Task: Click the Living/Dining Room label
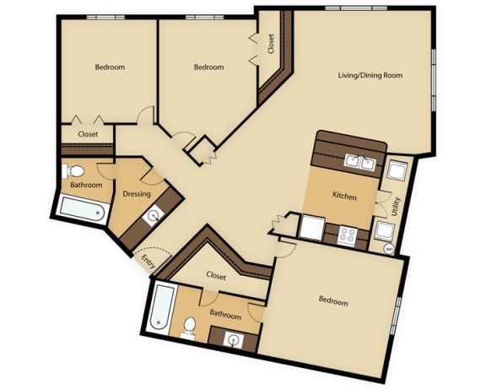pos(370,75)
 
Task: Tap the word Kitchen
pos(344,196)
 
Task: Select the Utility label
pos(396,207)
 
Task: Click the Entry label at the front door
pos(148,261)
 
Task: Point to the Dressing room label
pos(137,194)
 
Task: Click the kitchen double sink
pos(359,162)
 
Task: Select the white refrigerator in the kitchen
pos(313,228)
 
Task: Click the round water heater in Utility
pos(389,249)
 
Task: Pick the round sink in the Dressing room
pos(154,216)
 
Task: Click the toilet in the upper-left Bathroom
pos(73,171)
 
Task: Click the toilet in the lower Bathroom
pos(189,327)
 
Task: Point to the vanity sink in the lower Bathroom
pos(233,340)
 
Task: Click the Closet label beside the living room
pos(271,44)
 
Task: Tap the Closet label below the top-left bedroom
pos(88,134)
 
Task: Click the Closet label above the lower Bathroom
pos(216,276)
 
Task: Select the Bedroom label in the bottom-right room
pos(333,300)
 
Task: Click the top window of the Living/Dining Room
pos(356,8)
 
